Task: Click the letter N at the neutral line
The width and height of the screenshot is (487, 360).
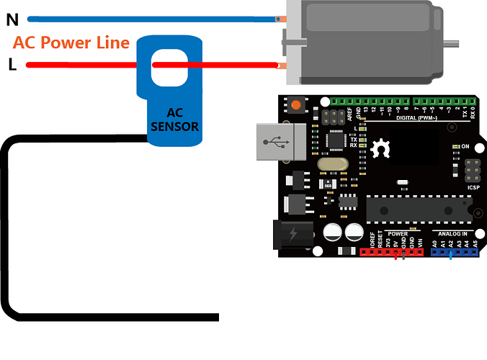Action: pos(12,20)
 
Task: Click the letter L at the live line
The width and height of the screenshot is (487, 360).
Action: pos(12,65)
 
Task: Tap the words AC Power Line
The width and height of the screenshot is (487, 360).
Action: pos(71,43)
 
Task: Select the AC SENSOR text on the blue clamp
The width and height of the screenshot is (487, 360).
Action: pos(175,120)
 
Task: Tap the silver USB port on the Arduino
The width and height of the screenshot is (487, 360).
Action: pos(273,143)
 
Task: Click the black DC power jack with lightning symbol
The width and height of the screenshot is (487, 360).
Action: pos(293,235)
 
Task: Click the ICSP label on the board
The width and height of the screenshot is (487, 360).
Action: pos(473,188)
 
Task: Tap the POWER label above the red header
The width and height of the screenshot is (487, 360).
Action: pos(397,234)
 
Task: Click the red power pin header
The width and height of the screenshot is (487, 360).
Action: pos(392,252)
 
